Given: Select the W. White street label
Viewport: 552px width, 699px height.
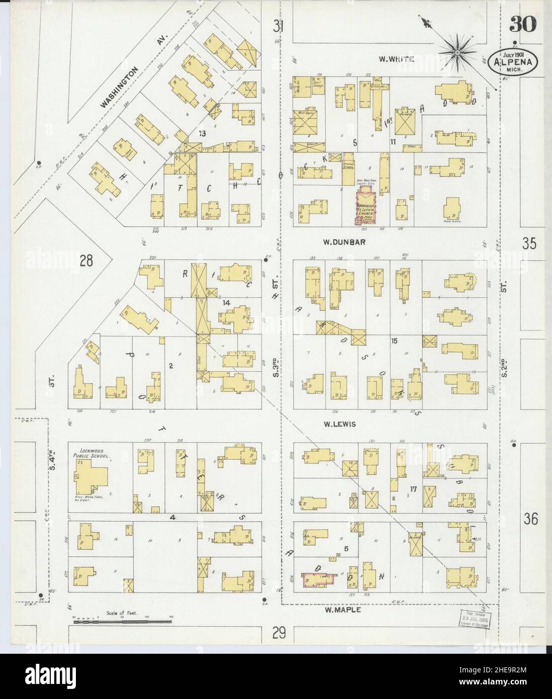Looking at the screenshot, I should coord(396,59).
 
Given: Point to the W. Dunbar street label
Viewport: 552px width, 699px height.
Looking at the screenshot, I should coord(344,242).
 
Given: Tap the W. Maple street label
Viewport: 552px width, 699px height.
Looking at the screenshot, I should coord(343,610).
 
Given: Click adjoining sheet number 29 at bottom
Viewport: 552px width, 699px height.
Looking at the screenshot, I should coord(280,632).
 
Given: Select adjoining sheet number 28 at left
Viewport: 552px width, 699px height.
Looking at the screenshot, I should coord(86,260).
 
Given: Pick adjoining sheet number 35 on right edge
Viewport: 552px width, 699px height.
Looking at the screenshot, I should coord(529,243).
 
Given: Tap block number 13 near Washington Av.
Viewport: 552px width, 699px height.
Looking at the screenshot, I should coord(202,133).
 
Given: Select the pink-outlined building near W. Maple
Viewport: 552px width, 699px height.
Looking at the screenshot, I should coord(319,580).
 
